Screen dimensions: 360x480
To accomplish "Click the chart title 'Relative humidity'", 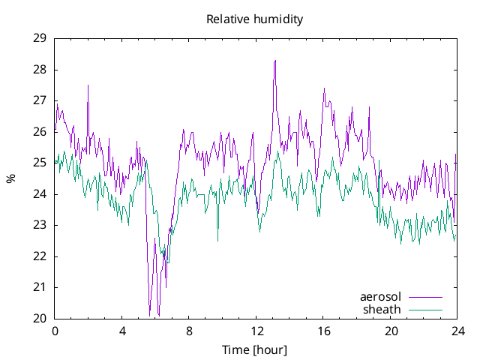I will point(254,19).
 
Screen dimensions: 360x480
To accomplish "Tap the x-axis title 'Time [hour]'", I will point(254,349).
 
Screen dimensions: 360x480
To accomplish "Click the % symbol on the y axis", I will point(10,178).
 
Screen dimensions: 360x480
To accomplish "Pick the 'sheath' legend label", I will point(382,309).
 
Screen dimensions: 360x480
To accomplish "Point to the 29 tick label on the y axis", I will point(40,38).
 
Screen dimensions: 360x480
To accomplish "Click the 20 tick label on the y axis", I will point(40,319).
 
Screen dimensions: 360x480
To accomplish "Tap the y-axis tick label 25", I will point(40,163).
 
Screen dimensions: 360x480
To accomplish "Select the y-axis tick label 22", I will point(40,256).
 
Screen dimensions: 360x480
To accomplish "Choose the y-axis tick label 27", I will point(40,100).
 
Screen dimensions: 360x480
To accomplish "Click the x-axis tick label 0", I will point(55,331).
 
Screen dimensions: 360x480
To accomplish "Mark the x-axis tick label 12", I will point(256,331).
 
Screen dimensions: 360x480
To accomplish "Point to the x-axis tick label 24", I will point(457,331).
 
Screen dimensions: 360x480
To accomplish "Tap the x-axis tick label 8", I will point(189,331).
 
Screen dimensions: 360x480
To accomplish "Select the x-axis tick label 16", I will point(323,331).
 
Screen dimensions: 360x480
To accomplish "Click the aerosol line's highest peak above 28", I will point(275,61).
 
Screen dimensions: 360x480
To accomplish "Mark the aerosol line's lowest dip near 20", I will point(150,315).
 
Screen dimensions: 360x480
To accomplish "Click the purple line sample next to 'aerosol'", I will point(424,297).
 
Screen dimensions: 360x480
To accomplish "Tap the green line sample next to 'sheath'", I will point(424,309).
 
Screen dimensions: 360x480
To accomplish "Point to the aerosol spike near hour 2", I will point(88,85).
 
